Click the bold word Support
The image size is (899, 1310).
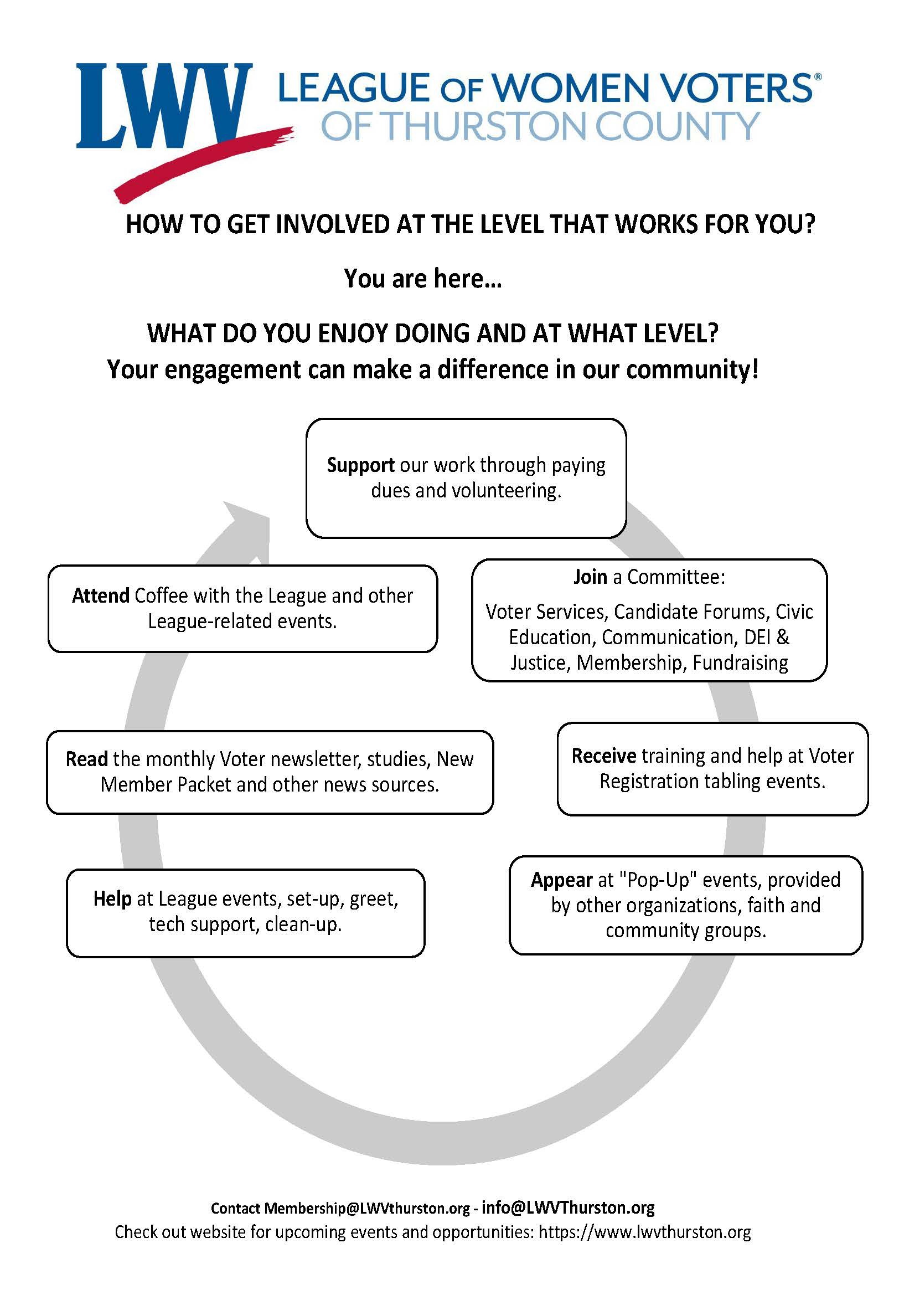[360, 465]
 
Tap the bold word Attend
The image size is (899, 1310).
[101, 596]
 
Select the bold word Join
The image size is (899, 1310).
[590, 577]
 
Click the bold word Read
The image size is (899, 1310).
[87, 759]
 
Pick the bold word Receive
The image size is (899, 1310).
[604, 756]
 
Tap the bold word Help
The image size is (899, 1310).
[112, 898]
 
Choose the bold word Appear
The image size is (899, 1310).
[561, 880]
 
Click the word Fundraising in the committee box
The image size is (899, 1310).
[740, 663]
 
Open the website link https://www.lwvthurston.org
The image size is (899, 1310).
[644, 1232]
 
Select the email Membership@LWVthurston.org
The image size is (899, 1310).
[366, 1209]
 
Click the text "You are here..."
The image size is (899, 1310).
[422, 279]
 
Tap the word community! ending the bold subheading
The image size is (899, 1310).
[693, 370]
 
